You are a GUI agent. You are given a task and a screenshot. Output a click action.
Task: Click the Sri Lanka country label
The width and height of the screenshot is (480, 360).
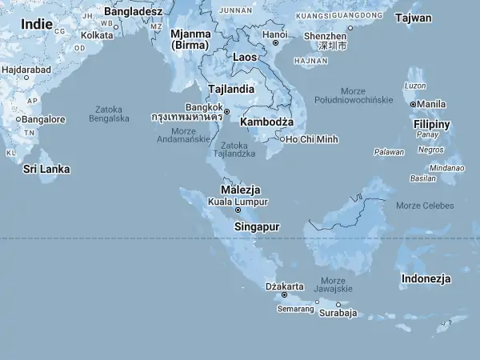point(46,169)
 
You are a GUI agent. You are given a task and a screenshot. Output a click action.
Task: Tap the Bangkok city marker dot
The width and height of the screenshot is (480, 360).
point(226,111)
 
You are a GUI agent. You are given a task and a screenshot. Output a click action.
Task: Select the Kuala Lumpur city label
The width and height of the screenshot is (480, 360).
point(238,202)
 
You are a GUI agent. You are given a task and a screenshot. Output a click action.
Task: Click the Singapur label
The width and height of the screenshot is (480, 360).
point(257,226)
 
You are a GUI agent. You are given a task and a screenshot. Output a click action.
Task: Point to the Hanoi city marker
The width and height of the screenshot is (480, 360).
point(275,43)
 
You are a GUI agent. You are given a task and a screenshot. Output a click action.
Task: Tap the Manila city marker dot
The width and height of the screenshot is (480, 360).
point(414,104)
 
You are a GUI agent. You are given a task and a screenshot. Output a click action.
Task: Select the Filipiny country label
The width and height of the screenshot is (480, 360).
point(431,124)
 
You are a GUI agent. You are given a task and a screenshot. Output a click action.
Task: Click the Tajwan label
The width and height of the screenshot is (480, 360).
point(414,18)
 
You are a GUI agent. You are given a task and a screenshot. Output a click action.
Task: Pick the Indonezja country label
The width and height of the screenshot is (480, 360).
point(426,278)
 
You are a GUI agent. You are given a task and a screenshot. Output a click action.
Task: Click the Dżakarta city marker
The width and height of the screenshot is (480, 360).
point(284,294)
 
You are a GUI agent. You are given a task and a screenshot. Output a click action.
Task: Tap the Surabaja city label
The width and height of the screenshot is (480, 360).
point(338,313)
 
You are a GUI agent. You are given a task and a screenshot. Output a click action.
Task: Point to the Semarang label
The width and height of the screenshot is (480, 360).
point(296,309)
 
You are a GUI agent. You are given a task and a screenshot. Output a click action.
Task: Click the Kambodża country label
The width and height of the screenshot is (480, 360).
point(267,122)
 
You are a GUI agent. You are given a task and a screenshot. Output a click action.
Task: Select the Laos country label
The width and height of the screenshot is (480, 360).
point(245,58)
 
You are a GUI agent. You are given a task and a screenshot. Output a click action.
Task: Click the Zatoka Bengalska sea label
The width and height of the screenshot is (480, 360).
point(109,114)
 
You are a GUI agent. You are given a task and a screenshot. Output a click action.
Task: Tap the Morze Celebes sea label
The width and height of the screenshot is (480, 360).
point(425,206)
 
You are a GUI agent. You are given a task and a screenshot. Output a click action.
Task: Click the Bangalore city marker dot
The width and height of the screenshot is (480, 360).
point(18,119)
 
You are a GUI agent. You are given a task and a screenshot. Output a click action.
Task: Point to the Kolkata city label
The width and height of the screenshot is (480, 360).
point(97,35)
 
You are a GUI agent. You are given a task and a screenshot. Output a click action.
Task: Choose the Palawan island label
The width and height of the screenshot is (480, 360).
point(389,151)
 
